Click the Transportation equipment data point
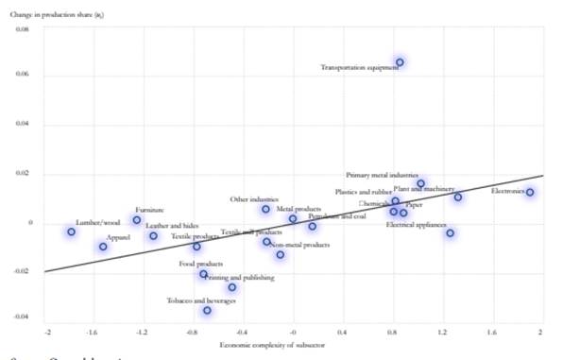pos(400,62)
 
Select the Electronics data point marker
pos(531,193)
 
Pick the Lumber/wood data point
pos(72,231)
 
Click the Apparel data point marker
pos(103,247)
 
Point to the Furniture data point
pos(137,220)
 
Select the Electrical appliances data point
pos(451,233)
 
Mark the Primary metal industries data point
pos(421,183)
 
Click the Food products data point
pos(203,274)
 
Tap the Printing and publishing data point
pos(232,287)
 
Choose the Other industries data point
pos(266,209)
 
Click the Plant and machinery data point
pos(458,197)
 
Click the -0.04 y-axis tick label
pos(23,317)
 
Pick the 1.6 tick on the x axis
pos(490,334)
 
